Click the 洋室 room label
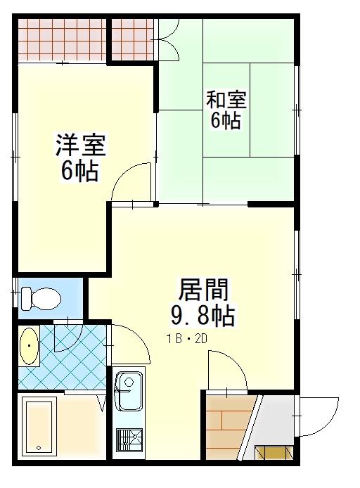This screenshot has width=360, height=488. (81, 145)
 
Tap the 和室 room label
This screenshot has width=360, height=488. (226, 100)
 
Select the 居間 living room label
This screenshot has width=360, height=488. (203, 290)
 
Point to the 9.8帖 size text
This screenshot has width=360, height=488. (203, 316)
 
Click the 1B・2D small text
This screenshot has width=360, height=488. (187, 339)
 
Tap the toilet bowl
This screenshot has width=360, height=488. (41, 298)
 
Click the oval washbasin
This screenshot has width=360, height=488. (29, 346)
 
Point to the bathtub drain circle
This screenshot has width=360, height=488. (39, 448)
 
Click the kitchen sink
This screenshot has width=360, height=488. (128, 391)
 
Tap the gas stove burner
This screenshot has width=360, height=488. (129, 439)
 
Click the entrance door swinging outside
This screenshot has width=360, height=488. (317, 416)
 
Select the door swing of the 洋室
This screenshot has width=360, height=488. (132, 183)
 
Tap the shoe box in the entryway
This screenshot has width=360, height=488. (274, 453)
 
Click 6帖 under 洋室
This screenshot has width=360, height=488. (80, 171)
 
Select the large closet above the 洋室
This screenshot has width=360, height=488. (63, 40)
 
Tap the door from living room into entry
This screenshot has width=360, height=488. (228, 371)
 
